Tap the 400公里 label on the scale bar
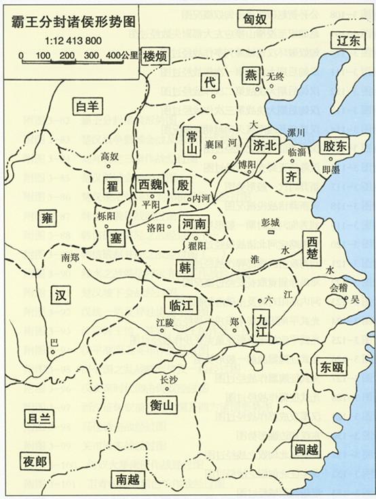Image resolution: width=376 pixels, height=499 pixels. point(122,55)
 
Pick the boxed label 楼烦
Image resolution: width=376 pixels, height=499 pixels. point(157,58)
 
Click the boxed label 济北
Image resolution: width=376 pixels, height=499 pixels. point(265,144)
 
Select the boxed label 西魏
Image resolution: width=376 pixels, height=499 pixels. point(150,184)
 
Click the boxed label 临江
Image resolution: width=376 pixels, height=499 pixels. point(181,306)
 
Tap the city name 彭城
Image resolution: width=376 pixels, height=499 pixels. point(271,222)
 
